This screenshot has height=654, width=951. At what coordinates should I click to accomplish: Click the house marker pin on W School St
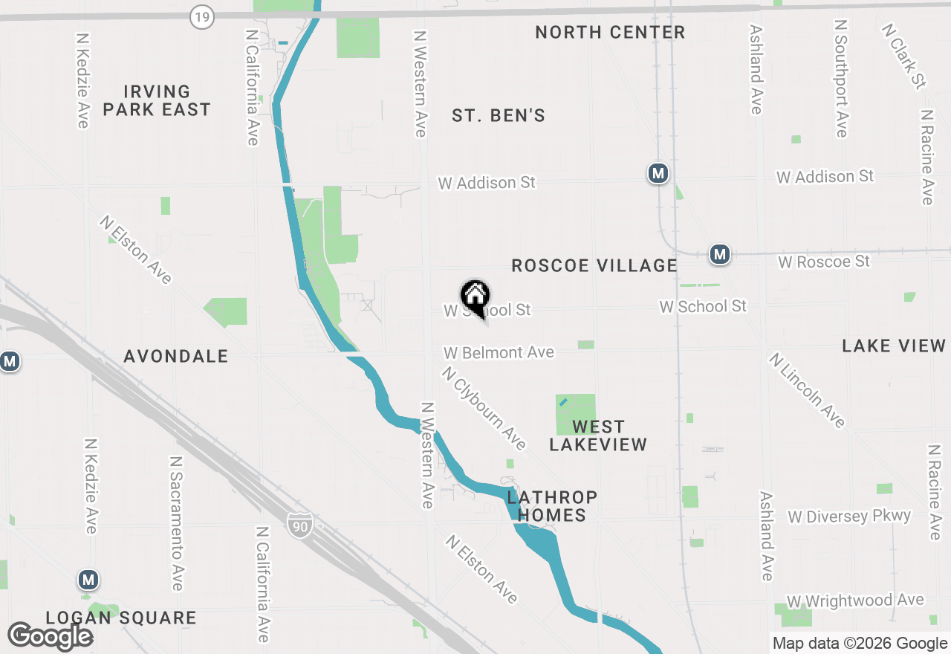475,297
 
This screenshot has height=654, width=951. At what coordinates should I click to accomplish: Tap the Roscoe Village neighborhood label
594,265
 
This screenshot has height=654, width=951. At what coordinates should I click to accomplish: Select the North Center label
610,32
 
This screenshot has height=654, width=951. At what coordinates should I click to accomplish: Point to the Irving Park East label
157,100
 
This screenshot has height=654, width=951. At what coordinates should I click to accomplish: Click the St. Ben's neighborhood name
499,115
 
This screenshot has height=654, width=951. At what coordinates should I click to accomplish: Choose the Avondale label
176,357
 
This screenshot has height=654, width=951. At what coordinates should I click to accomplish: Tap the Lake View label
894,346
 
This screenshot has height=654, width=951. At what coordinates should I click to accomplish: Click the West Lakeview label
598,436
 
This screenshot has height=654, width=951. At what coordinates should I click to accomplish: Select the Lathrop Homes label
552,505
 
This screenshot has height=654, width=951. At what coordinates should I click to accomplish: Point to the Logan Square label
121,618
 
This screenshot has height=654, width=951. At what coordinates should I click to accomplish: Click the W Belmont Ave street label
499,352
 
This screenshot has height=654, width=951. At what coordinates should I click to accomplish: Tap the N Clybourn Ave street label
484,408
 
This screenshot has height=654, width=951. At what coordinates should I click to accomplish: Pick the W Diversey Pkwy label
849,517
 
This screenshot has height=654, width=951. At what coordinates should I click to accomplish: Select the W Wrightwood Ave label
856,600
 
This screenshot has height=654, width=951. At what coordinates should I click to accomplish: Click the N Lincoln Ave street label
808,390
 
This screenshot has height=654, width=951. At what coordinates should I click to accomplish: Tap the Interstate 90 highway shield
300,525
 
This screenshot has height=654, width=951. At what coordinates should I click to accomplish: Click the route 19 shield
202,16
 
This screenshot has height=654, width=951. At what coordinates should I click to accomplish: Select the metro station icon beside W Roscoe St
719,255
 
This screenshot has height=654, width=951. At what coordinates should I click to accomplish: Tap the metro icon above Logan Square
89,579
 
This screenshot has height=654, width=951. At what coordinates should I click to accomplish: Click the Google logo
51,636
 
